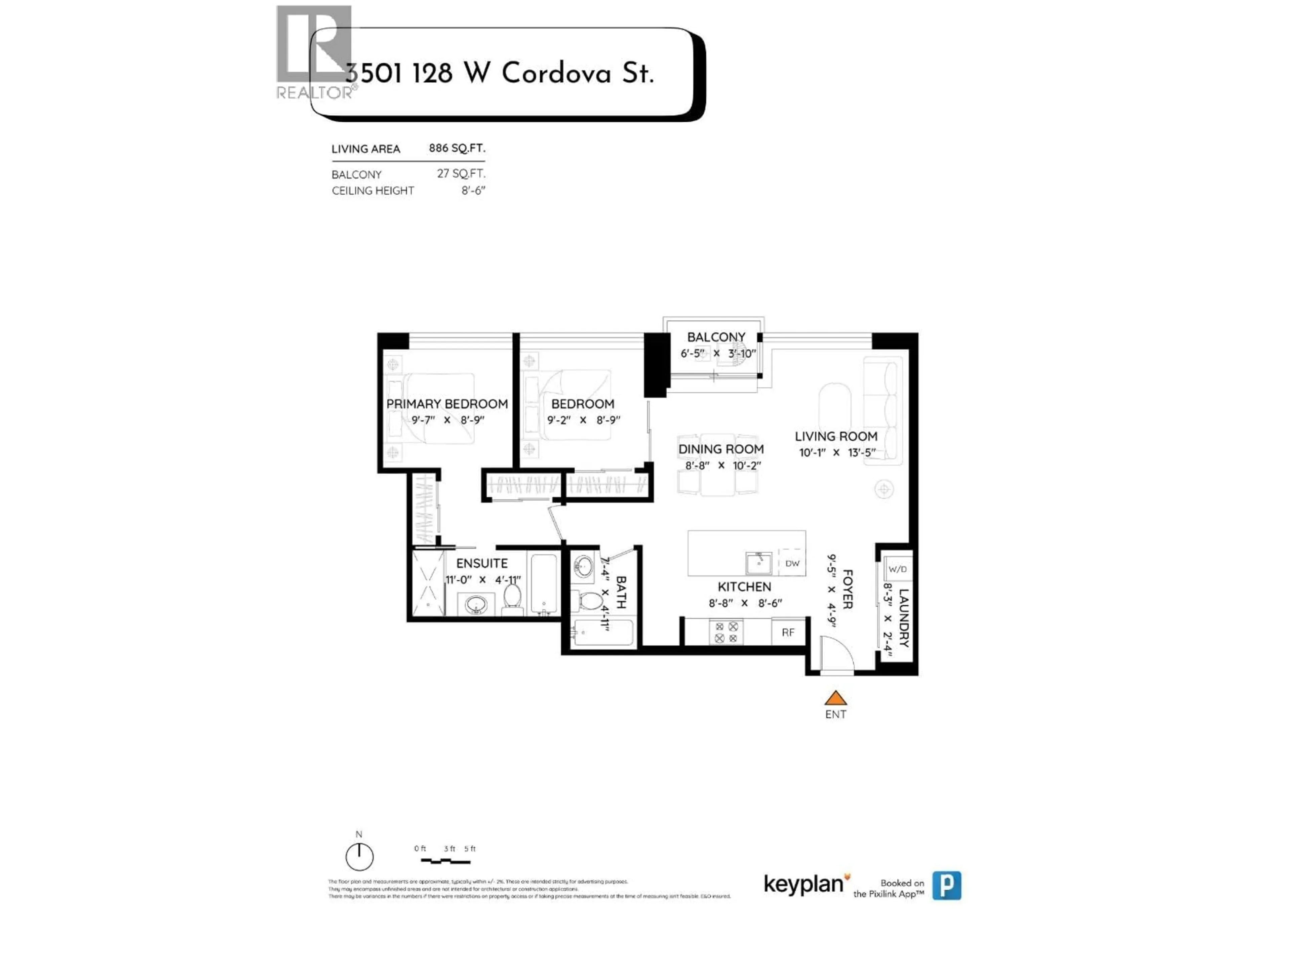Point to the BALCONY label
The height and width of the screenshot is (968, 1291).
coord(716,337)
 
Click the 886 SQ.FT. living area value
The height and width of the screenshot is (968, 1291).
coord(457,148)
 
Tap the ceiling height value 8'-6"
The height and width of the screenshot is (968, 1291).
coord(473,191)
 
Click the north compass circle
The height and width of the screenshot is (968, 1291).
coord(359,856)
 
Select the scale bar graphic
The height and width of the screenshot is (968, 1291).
coord(445,861)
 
